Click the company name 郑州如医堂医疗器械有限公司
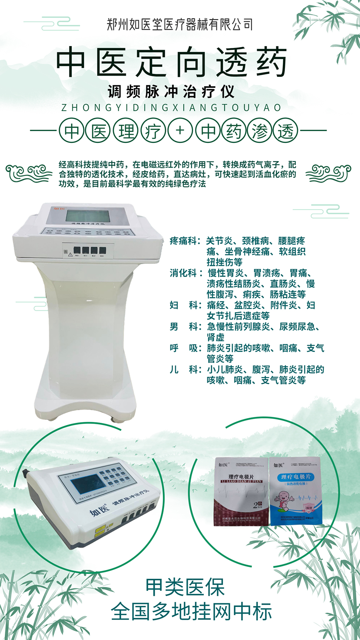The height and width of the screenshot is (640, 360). point(180,25)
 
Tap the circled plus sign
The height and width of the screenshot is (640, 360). point(180,131)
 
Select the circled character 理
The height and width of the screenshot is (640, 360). point(126,131)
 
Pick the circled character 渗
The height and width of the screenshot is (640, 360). point(259,131)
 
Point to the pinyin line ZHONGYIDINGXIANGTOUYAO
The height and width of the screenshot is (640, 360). point(171,108)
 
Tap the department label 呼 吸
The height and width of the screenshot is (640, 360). point(184,348)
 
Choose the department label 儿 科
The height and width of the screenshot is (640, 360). point(184,370)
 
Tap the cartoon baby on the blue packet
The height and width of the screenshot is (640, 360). point(287,500)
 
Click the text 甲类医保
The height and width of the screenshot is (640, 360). point(185,587)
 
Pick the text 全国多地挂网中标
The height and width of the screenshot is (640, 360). point(191,611)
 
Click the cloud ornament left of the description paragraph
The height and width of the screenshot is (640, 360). point(29,173)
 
